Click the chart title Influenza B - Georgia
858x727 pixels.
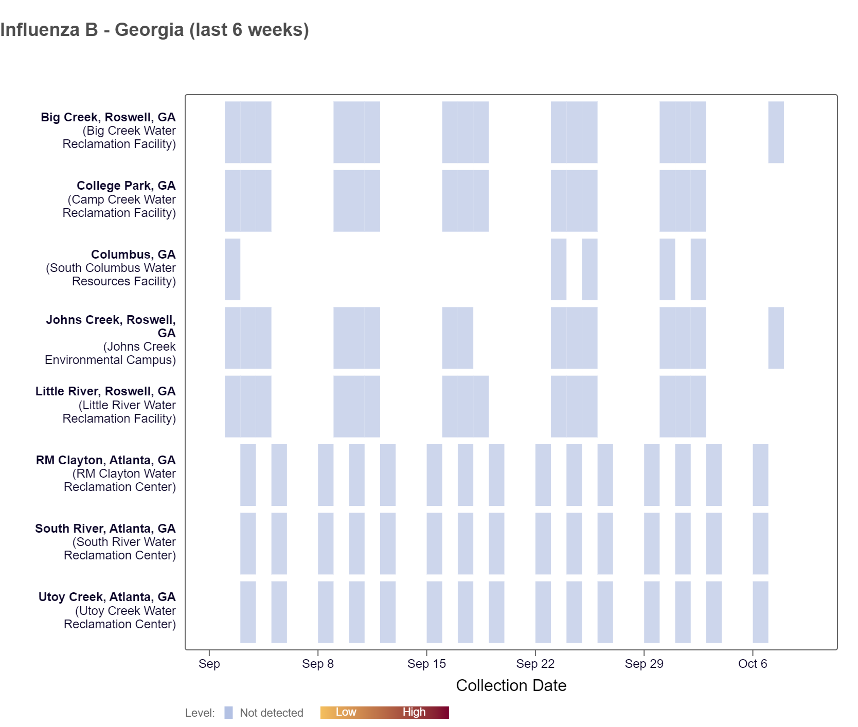(x=154, y=30)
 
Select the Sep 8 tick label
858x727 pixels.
(x=317, y=664)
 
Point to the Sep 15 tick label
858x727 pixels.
(x=426, y=664)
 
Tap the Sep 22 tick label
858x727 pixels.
(x=535, y=664)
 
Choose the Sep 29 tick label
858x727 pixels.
(x=643, y=664)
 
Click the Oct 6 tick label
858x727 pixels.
(x=752, y=664)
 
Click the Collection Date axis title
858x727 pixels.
(x=511, y=685)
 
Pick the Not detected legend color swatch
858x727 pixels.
(x=228, y=713)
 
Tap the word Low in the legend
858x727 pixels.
(x=346, y=712)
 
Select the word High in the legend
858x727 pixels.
(x=414, y=712)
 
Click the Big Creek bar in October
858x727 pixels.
(x=776, y=132)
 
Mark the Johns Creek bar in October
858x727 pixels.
(x=776, y=338)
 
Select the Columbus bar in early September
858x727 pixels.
(x=232, y=269)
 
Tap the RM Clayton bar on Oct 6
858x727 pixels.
(x=760, y=475)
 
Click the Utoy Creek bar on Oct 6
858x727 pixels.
(x=760, y=612)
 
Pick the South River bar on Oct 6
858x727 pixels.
(x=760, y=543)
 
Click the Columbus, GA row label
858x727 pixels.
(x=133, y=255)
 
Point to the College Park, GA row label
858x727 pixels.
(x=126, y=186)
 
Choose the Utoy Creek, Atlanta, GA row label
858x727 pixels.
(x=106, y=597)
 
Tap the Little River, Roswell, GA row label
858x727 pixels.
(x=105, y=391)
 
